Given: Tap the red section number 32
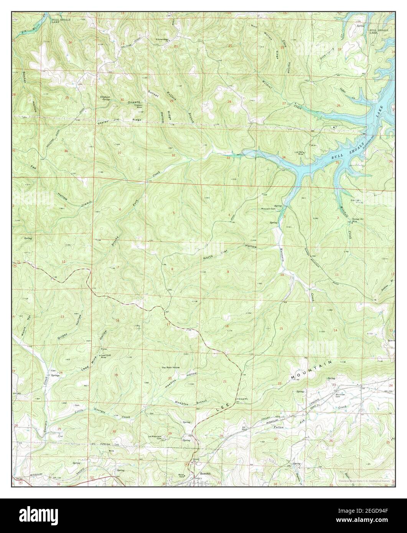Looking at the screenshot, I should pos(173,155).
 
